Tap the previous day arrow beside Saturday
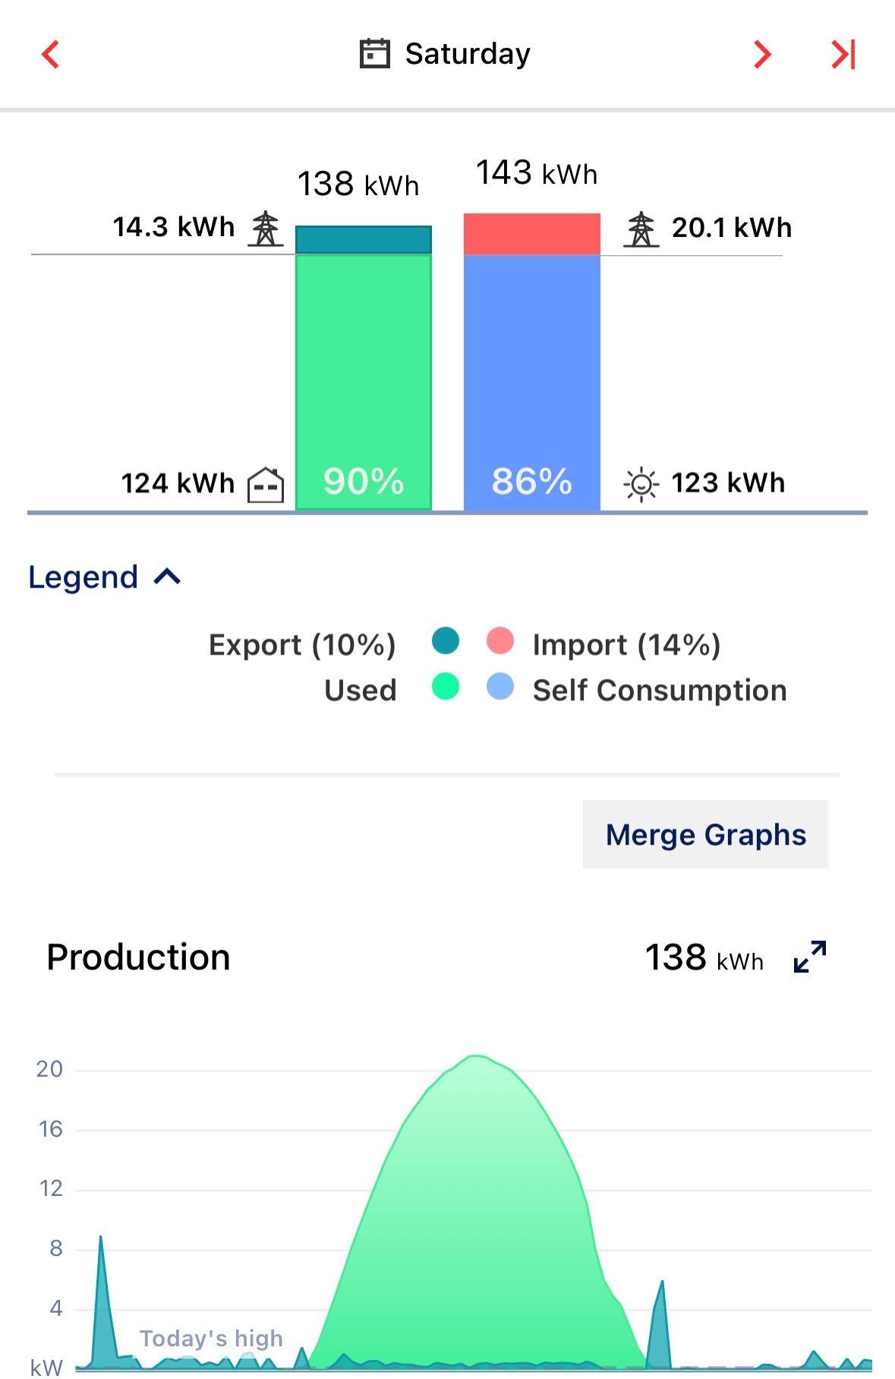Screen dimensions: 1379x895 (x=51, y=55)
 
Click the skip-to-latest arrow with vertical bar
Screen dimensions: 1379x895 (x=843, y=55)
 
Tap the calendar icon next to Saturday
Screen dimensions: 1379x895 (x=374, y=54)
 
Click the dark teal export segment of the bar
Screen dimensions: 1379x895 (x=363, y=239)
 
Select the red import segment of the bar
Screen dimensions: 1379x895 (x=531, y=234)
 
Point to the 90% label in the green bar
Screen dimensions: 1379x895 (x=363, y=481)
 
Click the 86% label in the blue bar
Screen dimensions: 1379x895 (x=531, y=481)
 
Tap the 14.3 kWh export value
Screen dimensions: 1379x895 (x=174, y=227)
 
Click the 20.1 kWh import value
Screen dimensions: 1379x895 (x=731, y=228)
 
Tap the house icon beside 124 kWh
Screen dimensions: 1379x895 (x=266, y=484)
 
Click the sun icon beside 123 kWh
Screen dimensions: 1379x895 (x=641, y=484)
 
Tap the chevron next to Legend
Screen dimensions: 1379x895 (x=167, y=577)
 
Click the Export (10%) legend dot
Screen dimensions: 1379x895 (x=446, y=641)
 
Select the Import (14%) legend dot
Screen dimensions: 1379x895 (x=499, y=641)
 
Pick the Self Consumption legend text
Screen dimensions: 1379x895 (x=659, y=690)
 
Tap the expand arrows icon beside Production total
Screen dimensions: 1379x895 (x=809, y=957)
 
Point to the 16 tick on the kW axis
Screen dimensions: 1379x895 (x=51, y=1129)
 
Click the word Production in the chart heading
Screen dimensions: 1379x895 (x=138, y=957)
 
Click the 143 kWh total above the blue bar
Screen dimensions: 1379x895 (x=536, y=173)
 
